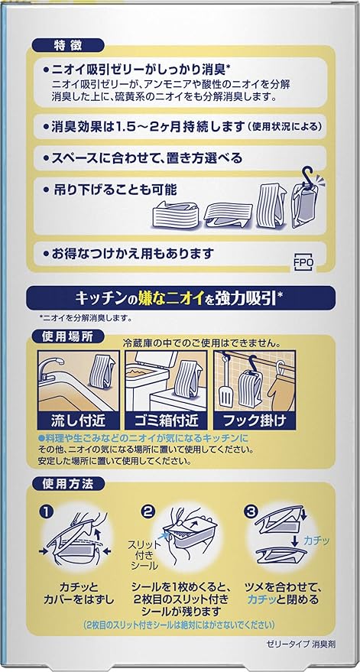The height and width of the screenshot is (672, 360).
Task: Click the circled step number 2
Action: click(149, 509)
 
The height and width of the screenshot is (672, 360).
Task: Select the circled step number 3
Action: click(249, 509)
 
